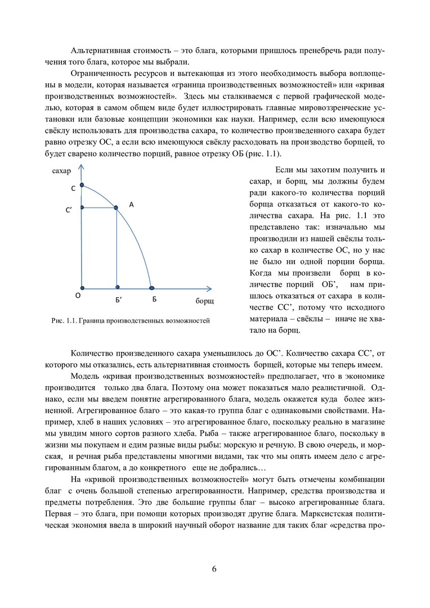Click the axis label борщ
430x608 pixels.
204,301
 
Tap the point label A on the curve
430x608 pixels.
131,205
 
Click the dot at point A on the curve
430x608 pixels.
117,208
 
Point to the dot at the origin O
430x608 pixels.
82,287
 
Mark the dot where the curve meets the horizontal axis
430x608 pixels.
151,287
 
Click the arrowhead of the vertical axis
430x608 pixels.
82,166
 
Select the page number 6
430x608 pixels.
214,568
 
